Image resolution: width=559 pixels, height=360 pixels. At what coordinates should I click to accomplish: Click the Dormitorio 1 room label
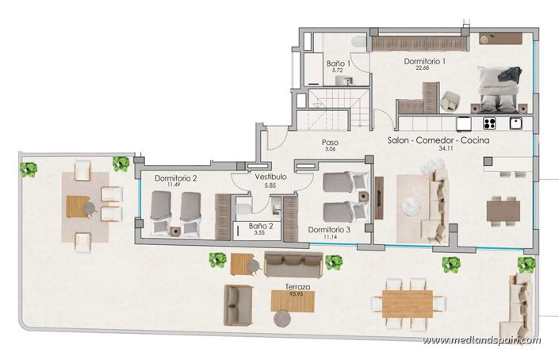pyautogui.click(x=425, y=61)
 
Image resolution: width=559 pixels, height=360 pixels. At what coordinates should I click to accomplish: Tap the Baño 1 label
pyautogui.click(x=339, y=63)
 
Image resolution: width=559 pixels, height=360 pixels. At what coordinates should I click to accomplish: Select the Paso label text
pyautogui.click(x=330, y=143)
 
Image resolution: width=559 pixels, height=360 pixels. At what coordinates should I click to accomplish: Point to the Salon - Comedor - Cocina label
pyautogui.click(x=438, y=140)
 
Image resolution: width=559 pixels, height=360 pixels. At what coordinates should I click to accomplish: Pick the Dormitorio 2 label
pyautogui.click(x=175, y=179)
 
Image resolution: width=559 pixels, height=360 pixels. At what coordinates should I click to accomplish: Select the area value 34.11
pyautogui.click(x=438, y=148)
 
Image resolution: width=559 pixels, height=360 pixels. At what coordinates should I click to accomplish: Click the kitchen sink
pyautogui.click(x=515, y=123)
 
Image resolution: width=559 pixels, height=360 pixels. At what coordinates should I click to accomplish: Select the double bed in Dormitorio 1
pyautogui.click(x=498, y=89)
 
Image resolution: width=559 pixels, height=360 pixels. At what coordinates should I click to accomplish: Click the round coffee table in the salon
pyautogui.click(x=411, y=205)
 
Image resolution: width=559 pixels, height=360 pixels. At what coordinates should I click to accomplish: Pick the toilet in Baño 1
pyautogui.click(x=358, y=42)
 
